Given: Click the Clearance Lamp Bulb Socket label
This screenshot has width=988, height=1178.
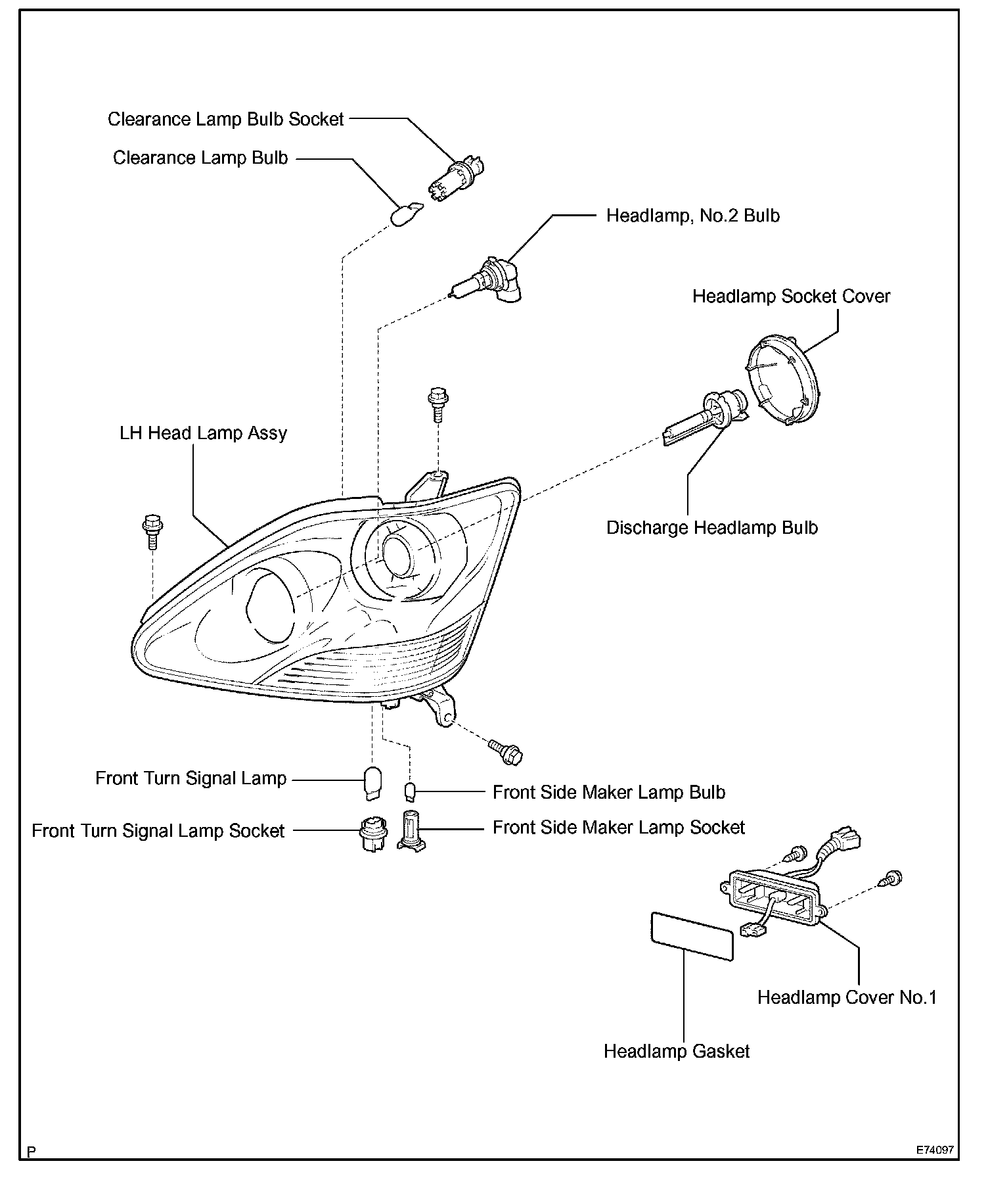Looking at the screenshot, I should [225, 119].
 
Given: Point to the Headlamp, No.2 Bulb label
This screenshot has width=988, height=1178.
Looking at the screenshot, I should [692, 216].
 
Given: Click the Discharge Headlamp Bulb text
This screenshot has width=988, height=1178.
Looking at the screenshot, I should [711, 528].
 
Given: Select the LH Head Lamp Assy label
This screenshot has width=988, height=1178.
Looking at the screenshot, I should [203, 433].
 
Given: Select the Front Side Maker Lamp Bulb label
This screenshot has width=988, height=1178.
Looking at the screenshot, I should [608, 792].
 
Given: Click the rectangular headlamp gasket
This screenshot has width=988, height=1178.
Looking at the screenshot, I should [690, 936].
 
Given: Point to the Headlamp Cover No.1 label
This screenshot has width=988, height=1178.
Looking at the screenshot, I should [846, 997].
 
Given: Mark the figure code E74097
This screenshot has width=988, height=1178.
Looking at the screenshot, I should [936, 1151].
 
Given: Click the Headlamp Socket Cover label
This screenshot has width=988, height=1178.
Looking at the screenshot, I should [790, 296].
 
